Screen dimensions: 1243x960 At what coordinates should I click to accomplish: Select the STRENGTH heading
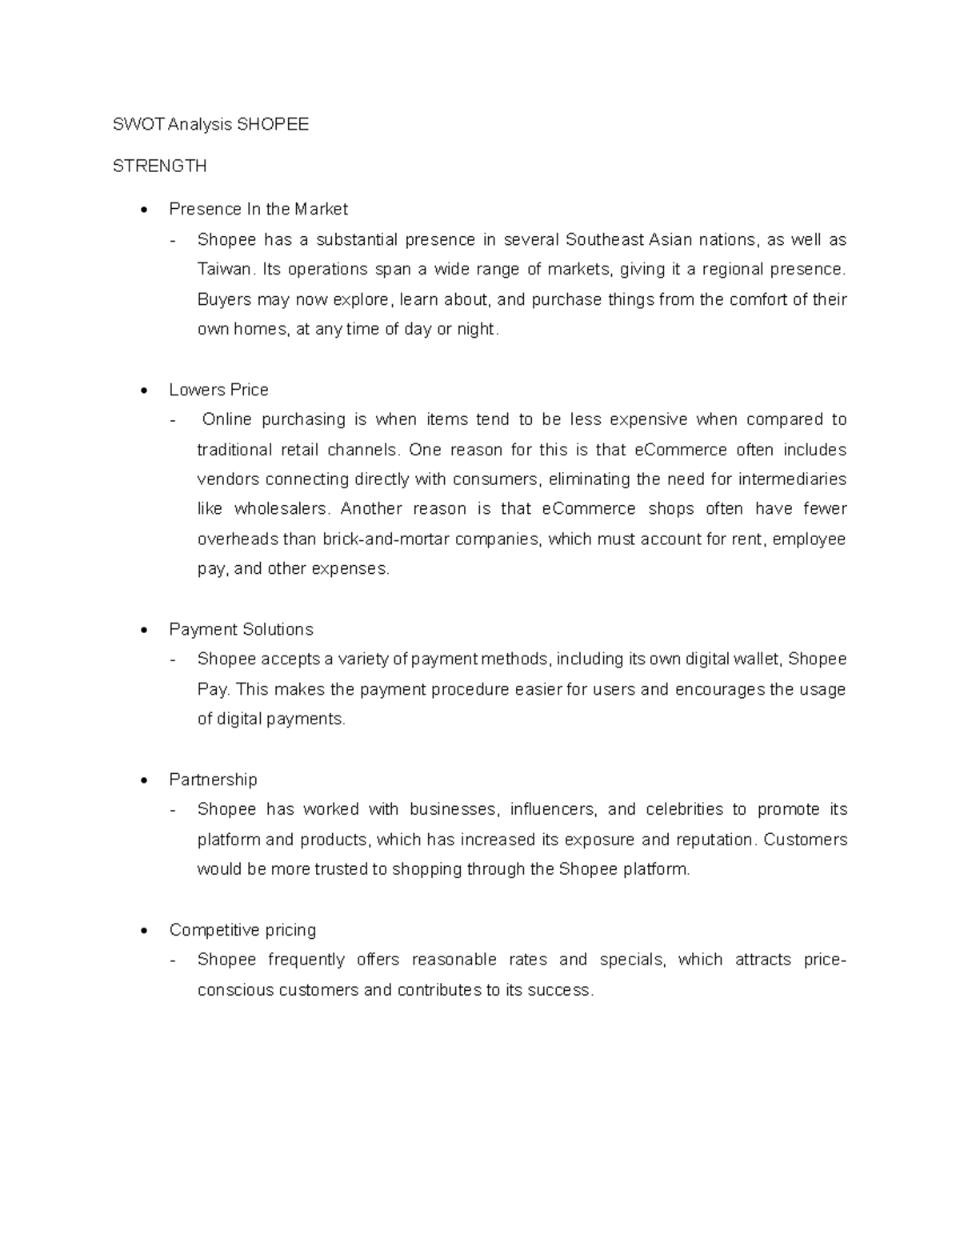pos(159,166)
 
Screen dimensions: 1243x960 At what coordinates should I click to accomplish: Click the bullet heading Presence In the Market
pos(258,209)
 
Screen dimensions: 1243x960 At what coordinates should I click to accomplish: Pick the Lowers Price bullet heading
pos(218,390)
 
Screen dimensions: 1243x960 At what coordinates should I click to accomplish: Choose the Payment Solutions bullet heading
pos(241,629)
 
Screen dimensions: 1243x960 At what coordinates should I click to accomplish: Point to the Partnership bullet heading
pos(213,780)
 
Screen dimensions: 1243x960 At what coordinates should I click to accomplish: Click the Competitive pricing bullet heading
pos(242,930)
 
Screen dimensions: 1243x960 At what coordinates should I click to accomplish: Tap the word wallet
pos(756,659)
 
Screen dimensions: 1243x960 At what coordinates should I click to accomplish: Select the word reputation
pos(714,840)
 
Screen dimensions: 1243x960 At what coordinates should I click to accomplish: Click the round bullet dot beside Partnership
pos(143,780)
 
